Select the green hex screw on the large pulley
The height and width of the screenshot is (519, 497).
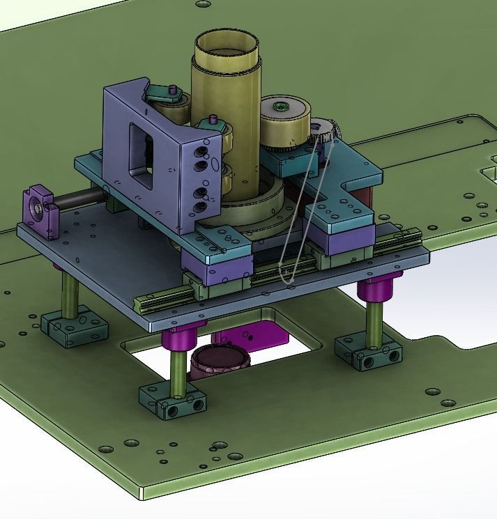point(281,107)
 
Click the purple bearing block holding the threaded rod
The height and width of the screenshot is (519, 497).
point(39,208)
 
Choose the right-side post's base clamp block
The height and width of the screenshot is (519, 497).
point(368,350)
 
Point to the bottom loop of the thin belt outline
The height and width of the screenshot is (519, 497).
point(287,279)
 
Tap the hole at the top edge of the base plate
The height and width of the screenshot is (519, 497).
point(203,4)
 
